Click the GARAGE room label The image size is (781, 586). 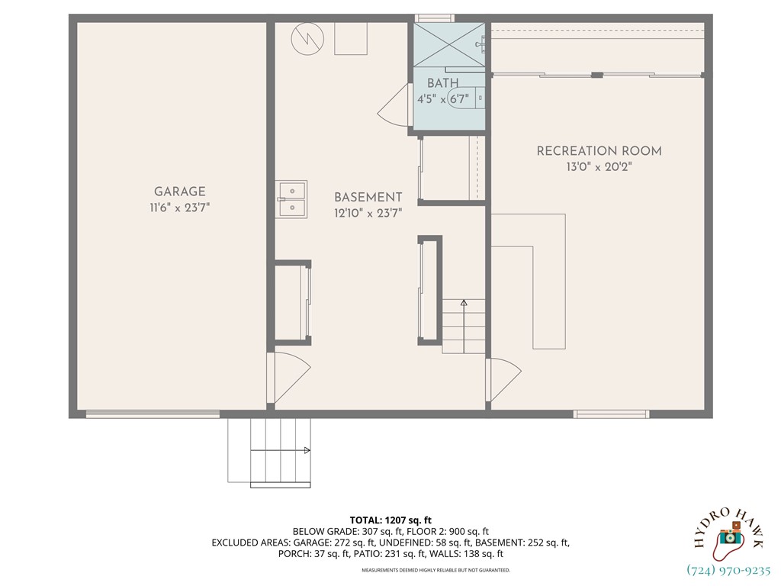(x=180, y=192)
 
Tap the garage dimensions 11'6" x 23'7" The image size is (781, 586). (x=180, y=207)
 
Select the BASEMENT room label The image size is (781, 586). (x=368, y=197)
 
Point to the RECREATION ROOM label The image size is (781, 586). (x=599, y=151)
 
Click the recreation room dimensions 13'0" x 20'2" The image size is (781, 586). (x=599, y=166)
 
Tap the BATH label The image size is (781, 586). (x=442, y=83)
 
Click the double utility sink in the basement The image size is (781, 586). (x=291, y=198)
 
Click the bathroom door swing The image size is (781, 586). (x=393, y=107)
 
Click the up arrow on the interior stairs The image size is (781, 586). (x=463, y=304)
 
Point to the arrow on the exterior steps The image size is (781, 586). (x=307, y=451)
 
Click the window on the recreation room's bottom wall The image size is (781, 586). (x=611, y=414)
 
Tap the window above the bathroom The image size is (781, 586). (x=434, y=18)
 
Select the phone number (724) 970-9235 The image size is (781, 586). (x=729, y=570)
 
